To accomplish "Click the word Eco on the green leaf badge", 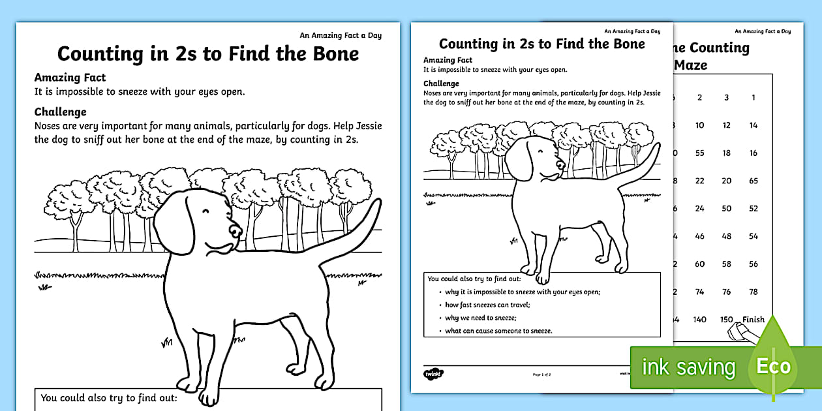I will pyautogui.click(x=773, y=367).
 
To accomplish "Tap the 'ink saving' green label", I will pyautogui.click(x=688, y=367).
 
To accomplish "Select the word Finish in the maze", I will pyautogui.click(x=753, y=320).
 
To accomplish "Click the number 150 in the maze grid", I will pyautogui.click(x=726, y=320).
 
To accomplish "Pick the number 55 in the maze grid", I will pyautogui.click(x=699, y=153).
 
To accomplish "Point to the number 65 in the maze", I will pyautogui.click(x=753, y=181).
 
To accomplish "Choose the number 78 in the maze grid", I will pyautogui.click(x=753, y=292).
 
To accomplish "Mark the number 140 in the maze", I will pyautogui.click(x=699, y=320).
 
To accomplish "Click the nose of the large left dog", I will pyautogui.click(x=234, y=230).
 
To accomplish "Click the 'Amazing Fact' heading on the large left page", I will pyautogui.click(x=70, y=78).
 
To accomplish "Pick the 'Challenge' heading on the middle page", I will pyautogui.click(x=441, y=84).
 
